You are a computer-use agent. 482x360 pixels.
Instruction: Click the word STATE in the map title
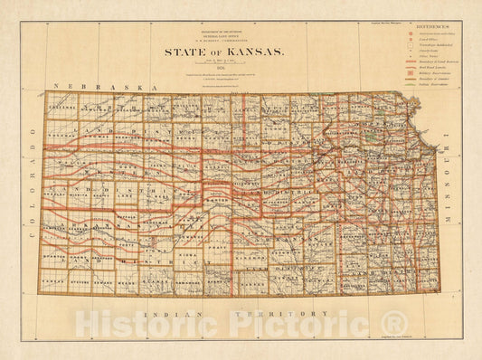point(184,52)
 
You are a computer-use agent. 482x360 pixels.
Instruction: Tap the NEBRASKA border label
point(89,85)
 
